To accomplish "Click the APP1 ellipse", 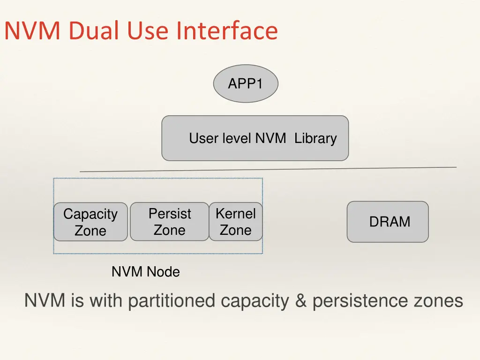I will click(x=246, y=84).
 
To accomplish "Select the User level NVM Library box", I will click(x=255, y=138).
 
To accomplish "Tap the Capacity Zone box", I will click(x=90, y=222).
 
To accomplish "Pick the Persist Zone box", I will click(x=169, y=222).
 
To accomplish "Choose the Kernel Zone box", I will click(x=235, y=222).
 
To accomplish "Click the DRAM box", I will click(x=388, y=222).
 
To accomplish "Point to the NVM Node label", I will click(x=145, y=271).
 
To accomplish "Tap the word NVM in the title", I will click(x=33, y=31).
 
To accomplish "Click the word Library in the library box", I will click(x=315, y=139).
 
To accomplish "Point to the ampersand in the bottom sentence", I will click(x=300, y=301).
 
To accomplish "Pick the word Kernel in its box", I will click(x=235, y=214).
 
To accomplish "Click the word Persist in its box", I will click(x=170, y=214).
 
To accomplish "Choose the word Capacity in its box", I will click(x=90, y=215).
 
